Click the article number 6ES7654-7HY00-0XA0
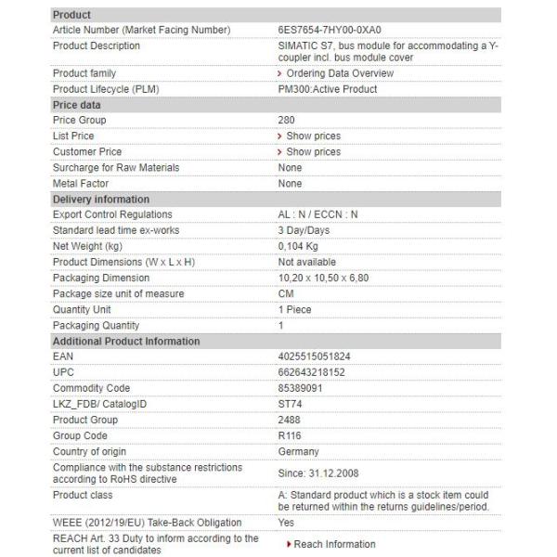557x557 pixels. pyautogui.click(x=330, y=30)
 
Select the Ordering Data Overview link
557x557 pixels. pyautogui.click(x=327, y=73)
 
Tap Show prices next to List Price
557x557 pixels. pyautogui.click(x=313, y=136)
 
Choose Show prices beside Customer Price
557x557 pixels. pyautogui.click(x=313, y=151)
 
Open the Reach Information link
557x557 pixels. pyautogui.click(x=334, y=544)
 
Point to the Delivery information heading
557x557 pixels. pyautogui.click(x=100, y=200)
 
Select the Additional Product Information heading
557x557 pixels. pyautogui.click(x=125, y=341)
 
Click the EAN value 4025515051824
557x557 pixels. pyautogui.click(x=314, y=356)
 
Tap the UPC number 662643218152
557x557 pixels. pyautogui.click(x=311, y=372)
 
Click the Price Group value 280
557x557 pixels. pyautogui.click(x=287, y=120)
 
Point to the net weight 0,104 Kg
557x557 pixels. pyautogui.click(x=298, y=246)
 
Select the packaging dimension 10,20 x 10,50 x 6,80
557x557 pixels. pyautogui.click(x=324, y=278)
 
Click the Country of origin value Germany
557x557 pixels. pyautogui.click(x=298, y=451)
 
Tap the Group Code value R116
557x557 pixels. pyautogui.click(x=290, y=435)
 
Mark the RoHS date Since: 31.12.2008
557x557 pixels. pyautogui.click(x=318, y=473)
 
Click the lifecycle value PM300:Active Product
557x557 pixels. pyautogui.click(x=328, y=89)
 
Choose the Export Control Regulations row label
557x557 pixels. pyautogui.click(x=112, y=214)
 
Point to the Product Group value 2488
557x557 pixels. pyautogui.click(x=289, y=420)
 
